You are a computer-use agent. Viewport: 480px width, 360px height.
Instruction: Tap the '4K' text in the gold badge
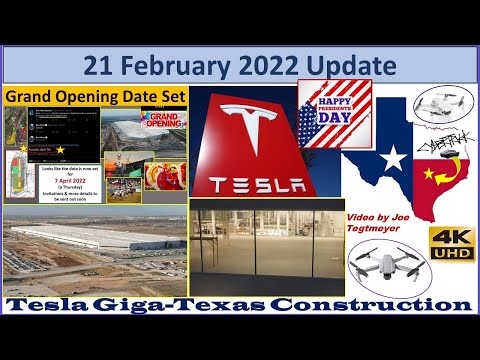pos(451,237)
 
